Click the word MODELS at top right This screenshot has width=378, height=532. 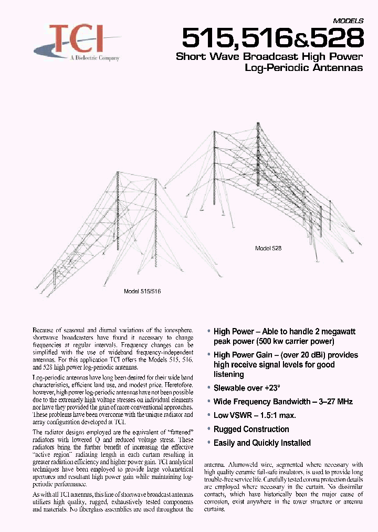click(348, 21)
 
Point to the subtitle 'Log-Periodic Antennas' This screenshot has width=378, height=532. click(304, 68)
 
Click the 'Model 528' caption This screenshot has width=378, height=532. click(268, 249)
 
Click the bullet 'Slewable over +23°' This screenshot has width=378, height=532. click(247, 388)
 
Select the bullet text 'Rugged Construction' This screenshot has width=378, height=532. click(251, 429)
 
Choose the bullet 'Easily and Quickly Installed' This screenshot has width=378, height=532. click(262, 443)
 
